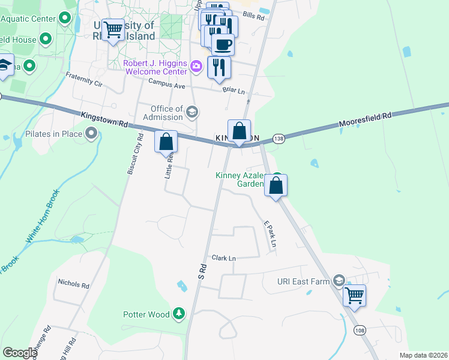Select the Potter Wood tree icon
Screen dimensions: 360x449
tap(178, 313)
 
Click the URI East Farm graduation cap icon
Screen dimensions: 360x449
tap(340, 281)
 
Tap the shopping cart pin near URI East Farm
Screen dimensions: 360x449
tap(354, 295)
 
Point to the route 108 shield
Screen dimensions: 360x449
tap(359, 330)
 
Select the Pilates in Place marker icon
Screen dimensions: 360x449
tap(91, 133)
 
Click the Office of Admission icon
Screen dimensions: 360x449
tap(192, 112)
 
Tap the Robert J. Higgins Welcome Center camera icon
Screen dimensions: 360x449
tap(196, 65)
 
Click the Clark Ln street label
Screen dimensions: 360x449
tap(223, 258)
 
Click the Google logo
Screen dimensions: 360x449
tap(20, 352)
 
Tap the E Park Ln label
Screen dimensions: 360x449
tap(269, 235)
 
